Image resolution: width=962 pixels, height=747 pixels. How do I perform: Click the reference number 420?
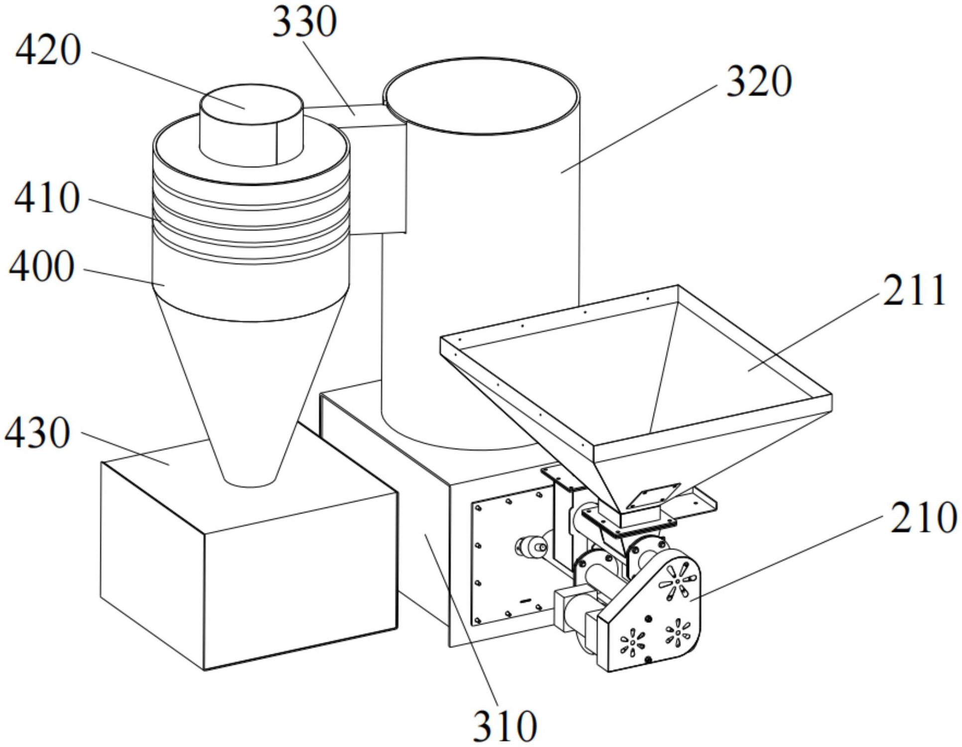[48, 51]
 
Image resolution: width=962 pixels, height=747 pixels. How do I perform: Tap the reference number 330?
[304, 22]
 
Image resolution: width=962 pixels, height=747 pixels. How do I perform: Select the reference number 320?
[759, 82]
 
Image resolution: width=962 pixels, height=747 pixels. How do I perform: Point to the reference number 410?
[47, 198]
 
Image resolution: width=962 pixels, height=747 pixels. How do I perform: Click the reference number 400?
[42, 267]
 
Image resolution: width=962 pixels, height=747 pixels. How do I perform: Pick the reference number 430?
[37, 433]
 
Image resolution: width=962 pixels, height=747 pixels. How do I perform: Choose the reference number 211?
[914, 291]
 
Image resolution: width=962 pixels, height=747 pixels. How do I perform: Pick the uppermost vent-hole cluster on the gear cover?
[678, 580]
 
